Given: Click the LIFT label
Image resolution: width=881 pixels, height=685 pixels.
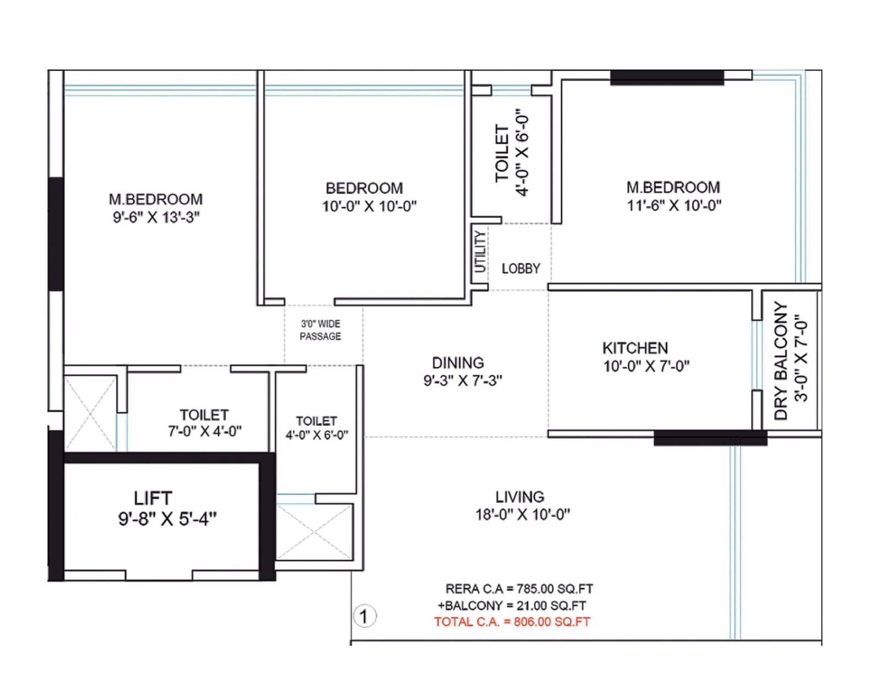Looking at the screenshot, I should tap(153, 498).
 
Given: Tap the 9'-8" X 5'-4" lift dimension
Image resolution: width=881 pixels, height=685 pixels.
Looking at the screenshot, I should tap(167, 519).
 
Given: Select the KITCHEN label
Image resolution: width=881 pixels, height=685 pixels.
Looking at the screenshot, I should tap(635, 348).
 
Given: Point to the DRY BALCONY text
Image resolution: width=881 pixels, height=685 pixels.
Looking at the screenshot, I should tap(781, 361).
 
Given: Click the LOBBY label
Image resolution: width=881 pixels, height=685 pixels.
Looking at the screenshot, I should tap(520, 269).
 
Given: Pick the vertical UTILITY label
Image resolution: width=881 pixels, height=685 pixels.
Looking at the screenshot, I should tap(480, 252).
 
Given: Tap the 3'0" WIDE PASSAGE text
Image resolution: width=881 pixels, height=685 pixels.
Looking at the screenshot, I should tap(320, 330).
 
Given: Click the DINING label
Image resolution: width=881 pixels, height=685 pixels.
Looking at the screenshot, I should tap(458, 363).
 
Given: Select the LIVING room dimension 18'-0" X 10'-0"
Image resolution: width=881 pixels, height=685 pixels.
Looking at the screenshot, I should tap(523, 515).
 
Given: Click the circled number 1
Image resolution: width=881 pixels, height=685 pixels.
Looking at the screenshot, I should tap(364, 616).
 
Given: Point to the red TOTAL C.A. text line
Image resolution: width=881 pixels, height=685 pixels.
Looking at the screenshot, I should tap(512, 622).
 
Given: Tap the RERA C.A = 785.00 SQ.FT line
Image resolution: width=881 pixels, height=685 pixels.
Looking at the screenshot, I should tap(519, 589).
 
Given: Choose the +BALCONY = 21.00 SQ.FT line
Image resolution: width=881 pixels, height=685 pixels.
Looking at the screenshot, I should tap(512, 606).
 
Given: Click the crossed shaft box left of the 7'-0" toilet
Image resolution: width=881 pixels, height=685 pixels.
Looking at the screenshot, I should tap(90, 413).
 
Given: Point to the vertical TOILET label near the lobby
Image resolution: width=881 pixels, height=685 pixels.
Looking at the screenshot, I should tap(502, 153).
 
